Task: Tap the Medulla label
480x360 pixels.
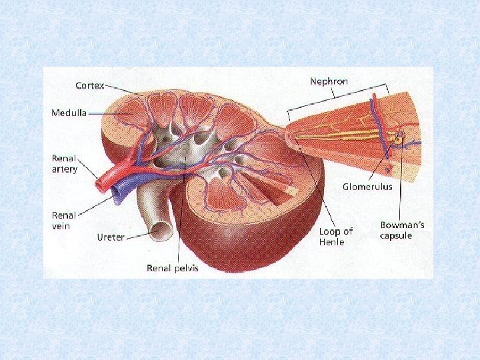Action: pos(69,113)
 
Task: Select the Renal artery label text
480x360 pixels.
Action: pos(65,164)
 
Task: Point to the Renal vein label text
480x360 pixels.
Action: pos(64,220)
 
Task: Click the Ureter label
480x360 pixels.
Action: pos(110,237)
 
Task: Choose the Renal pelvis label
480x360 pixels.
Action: pos(172,268)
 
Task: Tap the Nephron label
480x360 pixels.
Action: pos(329,81)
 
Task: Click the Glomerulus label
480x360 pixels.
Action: pos(367,187)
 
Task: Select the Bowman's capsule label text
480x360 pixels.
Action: pos(401,230)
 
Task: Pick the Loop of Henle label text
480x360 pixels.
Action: pos(335,236)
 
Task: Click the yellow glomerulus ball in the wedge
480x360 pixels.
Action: pos(398,139)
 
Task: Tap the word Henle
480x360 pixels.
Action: pos(331,242)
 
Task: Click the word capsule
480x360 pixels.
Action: pos(396,235)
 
